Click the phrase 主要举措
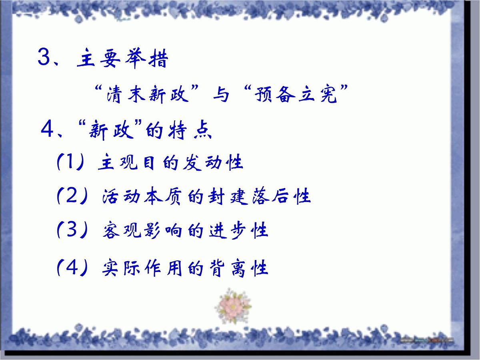122,59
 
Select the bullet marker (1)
70,162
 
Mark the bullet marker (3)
72,230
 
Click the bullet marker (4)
72,268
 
